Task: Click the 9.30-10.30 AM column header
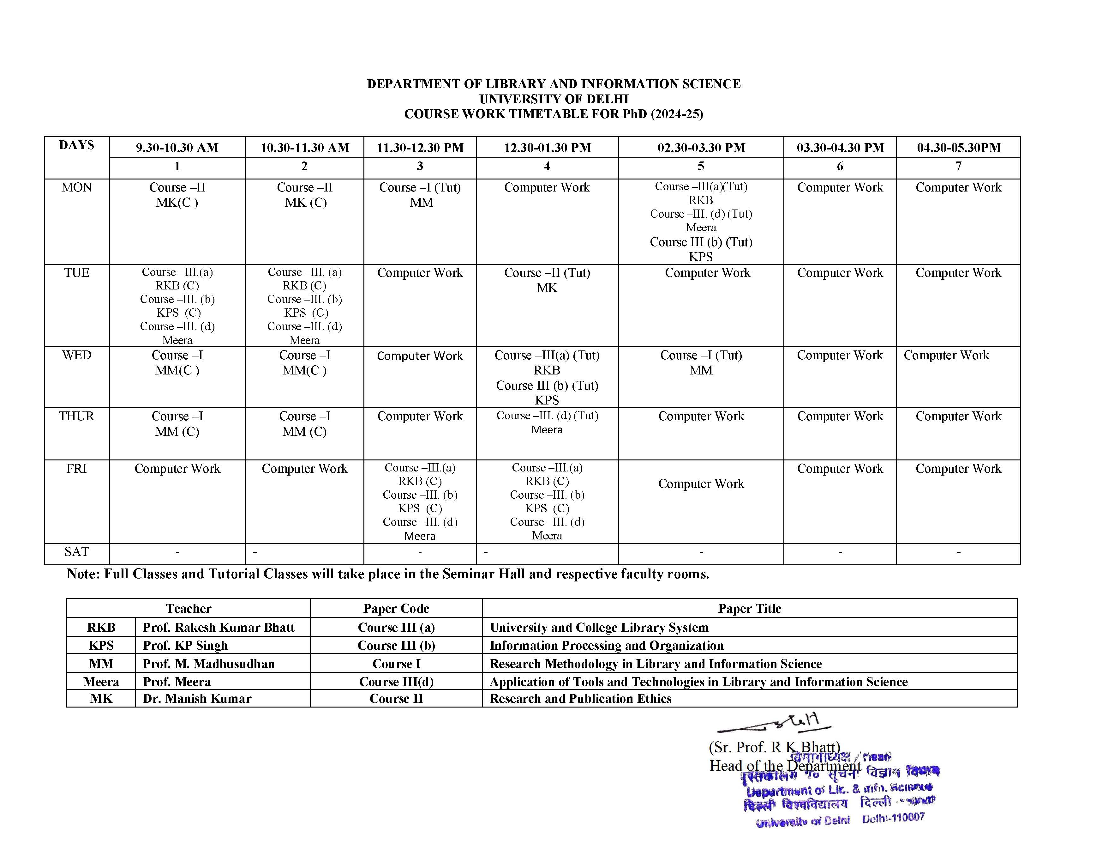(177, 148)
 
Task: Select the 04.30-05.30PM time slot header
(958, 148)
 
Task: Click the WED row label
(77, 356)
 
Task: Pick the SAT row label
(77, 552)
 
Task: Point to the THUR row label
(77, 416)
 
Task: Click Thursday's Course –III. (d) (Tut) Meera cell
(547, 422)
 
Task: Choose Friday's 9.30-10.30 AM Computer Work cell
(177, 469)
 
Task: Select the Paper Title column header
(749, 609)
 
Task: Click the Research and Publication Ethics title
(580, 699)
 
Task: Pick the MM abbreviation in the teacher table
(101, 664)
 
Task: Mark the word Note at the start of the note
(83, 574)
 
